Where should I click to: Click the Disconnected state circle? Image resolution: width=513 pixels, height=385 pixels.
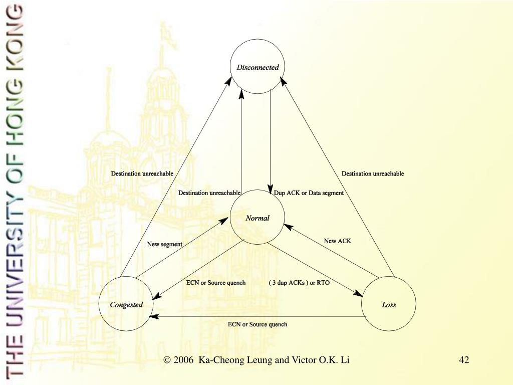[258, 67]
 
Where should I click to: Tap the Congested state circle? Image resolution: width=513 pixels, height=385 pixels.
[126, 304]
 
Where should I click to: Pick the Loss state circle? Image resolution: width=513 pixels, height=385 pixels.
[389, 304]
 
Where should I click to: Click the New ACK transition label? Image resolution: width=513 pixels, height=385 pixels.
[338, 241]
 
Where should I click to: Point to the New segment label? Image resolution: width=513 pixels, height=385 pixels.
[164, 244]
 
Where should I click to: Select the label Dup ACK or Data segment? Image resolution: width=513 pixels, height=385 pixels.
[309, 193]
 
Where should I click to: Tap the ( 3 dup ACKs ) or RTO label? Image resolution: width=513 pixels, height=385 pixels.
[299, 283]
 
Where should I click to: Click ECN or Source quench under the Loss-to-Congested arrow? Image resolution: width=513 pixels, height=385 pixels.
[258, 324]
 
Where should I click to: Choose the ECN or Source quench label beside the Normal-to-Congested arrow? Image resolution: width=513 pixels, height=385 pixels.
[216, 283]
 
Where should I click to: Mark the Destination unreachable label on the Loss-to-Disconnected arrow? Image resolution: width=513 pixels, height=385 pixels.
[373, 173]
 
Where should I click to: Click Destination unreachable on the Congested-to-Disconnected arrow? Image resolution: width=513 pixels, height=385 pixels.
[142, 173]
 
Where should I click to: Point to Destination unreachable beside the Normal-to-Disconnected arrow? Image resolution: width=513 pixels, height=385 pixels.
[209, 193]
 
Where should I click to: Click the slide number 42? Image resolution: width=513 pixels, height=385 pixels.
[464, 360]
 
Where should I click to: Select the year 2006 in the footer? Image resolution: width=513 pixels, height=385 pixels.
[184, 360]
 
